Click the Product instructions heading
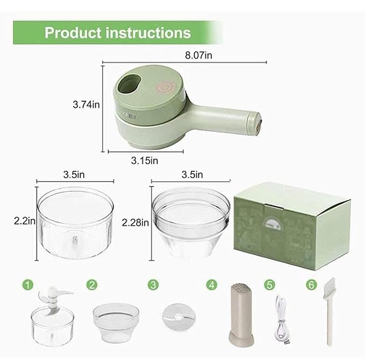coord(117,32)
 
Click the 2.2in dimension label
coord(24,220)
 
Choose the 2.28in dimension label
coord(135,222)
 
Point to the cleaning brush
coord(330,312)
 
